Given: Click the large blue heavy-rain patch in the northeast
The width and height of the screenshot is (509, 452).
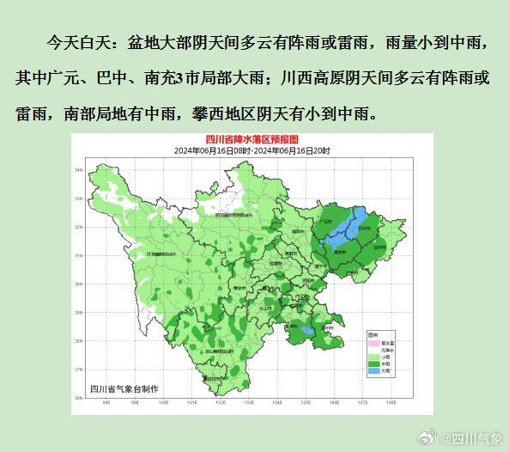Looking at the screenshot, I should coord(348,226).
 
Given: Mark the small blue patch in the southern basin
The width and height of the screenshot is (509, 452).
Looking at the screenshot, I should coord(307,329).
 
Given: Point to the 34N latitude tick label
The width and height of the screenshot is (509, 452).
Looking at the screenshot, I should coord(78,170).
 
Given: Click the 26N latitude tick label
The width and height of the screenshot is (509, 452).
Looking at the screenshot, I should coord(78,397).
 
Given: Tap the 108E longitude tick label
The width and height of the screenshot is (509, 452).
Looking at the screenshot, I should coord(389,402).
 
